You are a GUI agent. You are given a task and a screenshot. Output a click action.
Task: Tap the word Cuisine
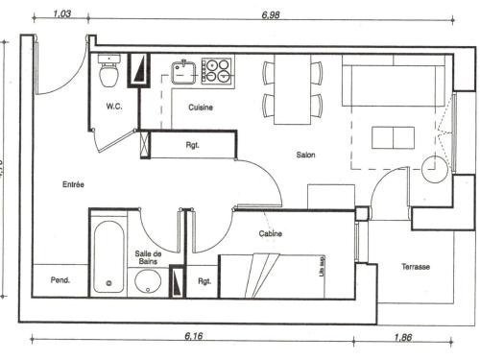click(x=201, y=108)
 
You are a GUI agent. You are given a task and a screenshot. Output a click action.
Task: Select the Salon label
click(x=306, y=155)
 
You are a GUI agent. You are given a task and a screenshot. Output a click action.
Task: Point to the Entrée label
click(x=74, y=184)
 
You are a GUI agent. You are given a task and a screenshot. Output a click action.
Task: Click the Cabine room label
click(x=270, y=234)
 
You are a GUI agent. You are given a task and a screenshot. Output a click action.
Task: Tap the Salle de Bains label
click(x=148, y=256)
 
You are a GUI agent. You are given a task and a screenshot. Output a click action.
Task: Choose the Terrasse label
click(x=415, y=266)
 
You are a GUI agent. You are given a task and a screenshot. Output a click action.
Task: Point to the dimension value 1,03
click(x=62, y=14)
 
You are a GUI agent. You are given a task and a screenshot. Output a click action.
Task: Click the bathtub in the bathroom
click(x=107, y=257)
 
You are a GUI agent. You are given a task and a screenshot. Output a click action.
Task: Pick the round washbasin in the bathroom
click(x=149, y=282)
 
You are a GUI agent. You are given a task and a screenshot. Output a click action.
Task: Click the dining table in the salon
click(x=293, y=90)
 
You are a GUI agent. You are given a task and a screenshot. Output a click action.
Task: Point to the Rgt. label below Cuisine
click(x=192, y=146)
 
